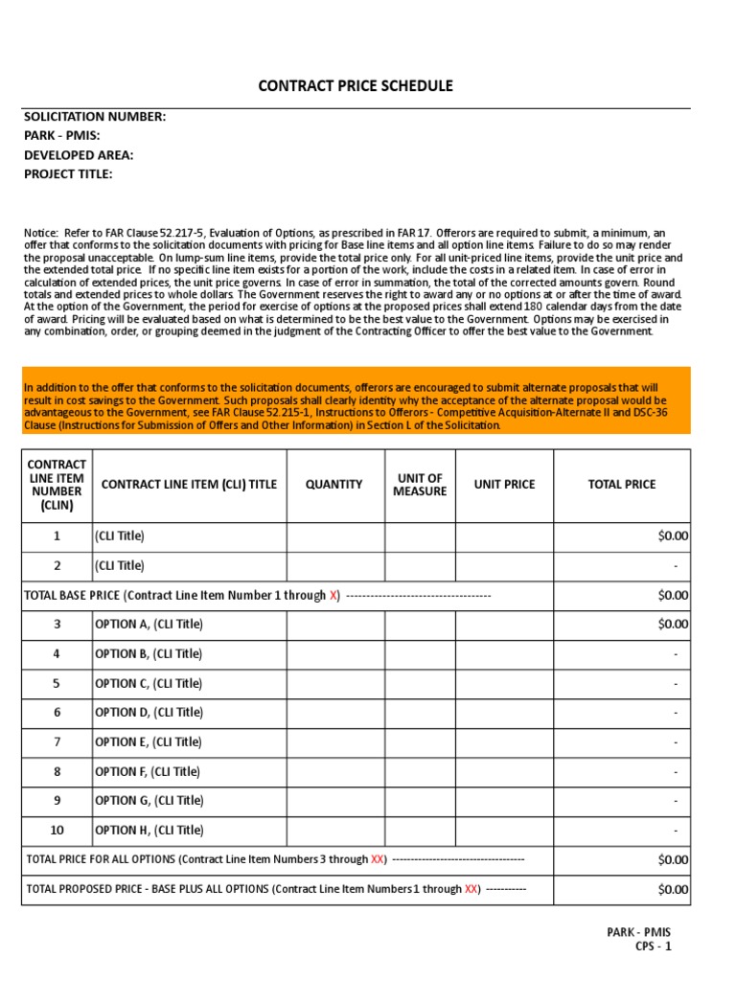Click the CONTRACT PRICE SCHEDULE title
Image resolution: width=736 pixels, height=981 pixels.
click(x=356, y=86)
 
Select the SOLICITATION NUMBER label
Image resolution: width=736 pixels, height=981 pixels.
click(x=95, y=117)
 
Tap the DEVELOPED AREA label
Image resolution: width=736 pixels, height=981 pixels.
click(x=79, y=155)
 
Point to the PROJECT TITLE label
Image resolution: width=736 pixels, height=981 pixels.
click(x=68, y=174)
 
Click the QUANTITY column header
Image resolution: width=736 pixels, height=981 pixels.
click(x=334, y=485)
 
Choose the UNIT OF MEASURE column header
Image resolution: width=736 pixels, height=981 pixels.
click(x=420, y=485)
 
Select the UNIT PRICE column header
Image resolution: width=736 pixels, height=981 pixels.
click(x=504, y=485)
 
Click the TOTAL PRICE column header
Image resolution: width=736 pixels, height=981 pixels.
click(x=621, y=485)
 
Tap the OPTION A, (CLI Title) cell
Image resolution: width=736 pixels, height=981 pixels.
click(x=149, y=625)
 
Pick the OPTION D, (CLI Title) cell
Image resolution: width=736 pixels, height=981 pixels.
click(x=149, y=713)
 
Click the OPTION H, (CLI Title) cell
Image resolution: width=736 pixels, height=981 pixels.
click(x=149, y=831)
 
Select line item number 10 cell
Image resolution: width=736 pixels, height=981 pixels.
click(x=57, y=831)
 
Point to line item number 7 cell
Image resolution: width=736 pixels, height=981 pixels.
click(x=57, y=742)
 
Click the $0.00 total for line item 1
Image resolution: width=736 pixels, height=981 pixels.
click(x=673, y=536)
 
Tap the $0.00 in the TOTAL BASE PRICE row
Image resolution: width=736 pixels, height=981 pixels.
click(x=673, y=595)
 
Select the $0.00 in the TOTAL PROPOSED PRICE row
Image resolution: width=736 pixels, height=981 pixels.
click(x=673, y=889)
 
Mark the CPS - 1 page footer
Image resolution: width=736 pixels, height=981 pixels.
click(x=654, y=947)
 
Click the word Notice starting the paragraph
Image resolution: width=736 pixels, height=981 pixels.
click(x=41, y=233)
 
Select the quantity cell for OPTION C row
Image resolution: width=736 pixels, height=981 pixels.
click(x=334, y=684)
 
